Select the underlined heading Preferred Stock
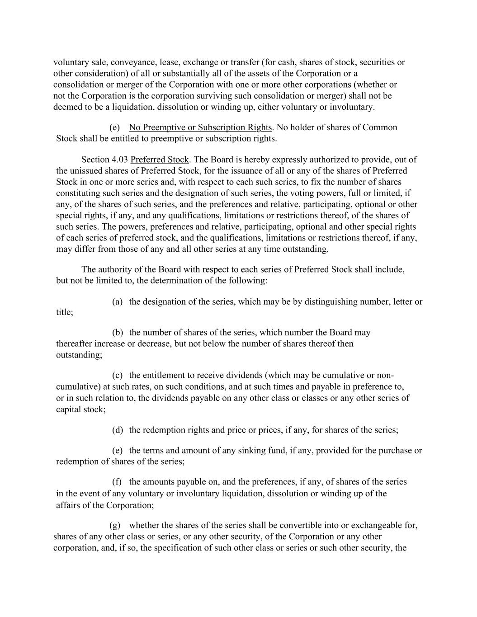159,160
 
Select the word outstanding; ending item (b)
79,355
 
